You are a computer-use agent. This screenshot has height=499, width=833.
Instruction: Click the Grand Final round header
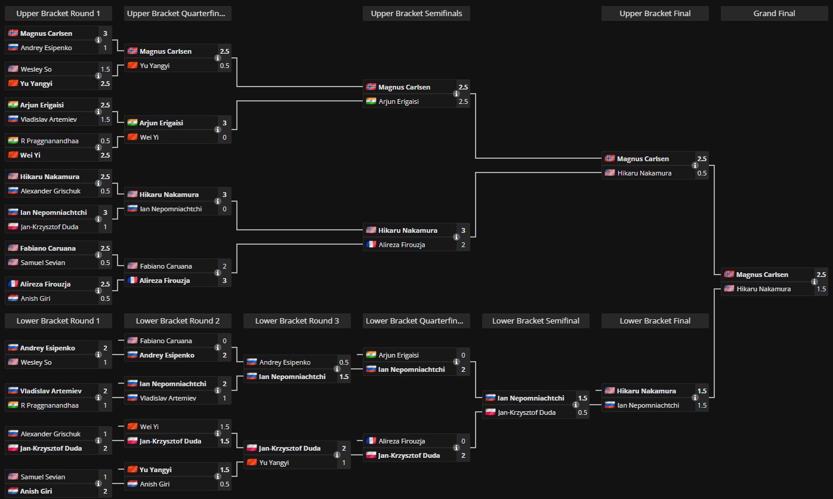click(774, 13)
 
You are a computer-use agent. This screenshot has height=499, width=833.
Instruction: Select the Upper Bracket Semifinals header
click(416, 13)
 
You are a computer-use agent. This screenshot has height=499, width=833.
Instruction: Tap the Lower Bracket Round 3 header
click(297, 321)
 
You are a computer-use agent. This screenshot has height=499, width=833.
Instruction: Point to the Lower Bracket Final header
click(655, 321)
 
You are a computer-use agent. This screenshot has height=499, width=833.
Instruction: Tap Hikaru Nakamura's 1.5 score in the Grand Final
click(821, 289)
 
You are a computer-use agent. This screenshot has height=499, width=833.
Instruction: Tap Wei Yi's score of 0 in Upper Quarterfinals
click(224, 137)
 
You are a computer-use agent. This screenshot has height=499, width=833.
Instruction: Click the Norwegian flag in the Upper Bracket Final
click(609, 159)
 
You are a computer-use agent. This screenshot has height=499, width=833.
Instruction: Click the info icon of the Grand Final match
click(815, 282)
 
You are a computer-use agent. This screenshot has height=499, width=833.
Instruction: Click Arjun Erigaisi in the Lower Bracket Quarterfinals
click(399, 355)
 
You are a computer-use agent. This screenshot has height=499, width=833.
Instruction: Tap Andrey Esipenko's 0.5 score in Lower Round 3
click(344, 362)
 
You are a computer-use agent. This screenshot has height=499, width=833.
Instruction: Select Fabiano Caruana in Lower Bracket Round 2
click(166, 341)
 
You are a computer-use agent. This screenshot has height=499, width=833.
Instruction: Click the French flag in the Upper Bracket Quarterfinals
click(132, 281)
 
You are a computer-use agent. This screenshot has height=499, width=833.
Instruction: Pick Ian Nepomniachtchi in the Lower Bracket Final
click(648, 405)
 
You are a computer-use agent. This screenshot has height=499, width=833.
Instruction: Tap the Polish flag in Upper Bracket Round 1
click(13, 227)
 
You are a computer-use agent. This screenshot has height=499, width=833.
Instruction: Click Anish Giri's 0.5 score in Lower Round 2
click(224, 484)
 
